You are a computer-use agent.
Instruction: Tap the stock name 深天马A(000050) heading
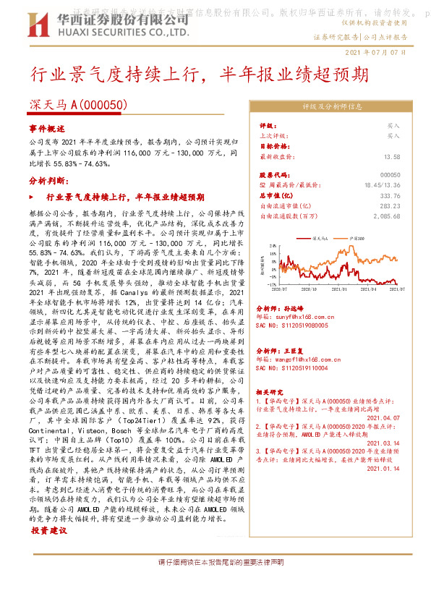(78, 105)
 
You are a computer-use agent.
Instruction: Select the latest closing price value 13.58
(392, 156)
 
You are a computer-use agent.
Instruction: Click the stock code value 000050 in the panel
(390, 175)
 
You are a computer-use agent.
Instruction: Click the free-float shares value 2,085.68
(386, 216)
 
